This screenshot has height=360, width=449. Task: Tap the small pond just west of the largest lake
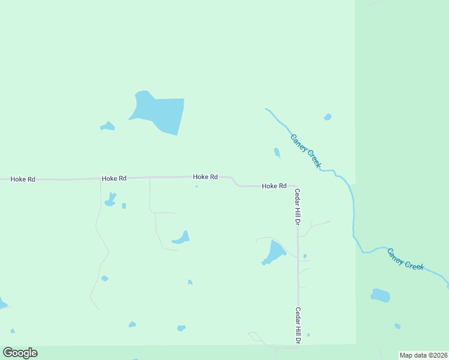click(x=107, y=126)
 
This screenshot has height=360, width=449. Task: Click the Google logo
click(x=20, y=352)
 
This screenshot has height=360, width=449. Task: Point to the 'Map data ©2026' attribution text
click(x=423, y=355)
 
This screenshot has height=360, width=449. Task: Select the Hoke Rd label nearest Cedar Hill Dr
click(x=274, y=186)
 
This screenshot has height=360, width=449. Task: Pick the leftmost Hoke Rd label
click(x=23, y=179)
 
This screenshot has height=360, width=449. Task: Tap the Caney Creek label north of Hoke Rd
click(x=306, y=151)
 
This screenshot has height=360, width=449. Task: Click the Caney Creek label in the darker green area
click(x=405, y=258)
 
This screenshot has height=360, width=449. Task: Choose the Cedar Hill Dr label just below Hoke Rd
click(x=297, y=206)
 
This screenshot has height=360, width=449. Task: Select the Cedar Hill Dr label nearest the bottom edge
click(x=297, y=325)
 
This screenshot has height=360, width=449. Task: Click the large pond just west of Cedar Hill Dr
click(x=276, y=252)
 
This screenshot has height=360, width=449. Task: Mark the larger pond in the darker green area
click(x=380, y=295)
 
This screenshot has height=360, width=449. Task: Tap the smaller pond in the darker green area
click(x=397, y=326)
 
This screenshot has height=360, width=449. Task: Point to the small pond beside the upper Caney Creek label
click(x=277, y=152)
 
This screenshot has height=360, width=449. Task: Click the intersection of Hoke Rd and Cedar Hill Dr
click(x=297, y=187)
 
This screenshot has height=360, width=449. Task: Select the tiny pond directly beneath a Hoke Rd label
click(x=196, y=186)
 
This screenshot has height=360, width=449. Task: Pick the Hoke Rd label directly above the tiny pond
click(x=205, y=177)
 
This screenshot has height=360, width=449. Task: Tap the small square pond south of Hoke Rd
click(x=124, y=206)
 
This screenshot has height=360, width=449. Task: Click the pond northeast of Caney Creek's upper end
click(x=327, y=117)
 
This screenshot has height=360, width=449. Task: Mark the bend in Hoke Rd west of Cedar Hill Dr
click(x=235, y=182)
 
